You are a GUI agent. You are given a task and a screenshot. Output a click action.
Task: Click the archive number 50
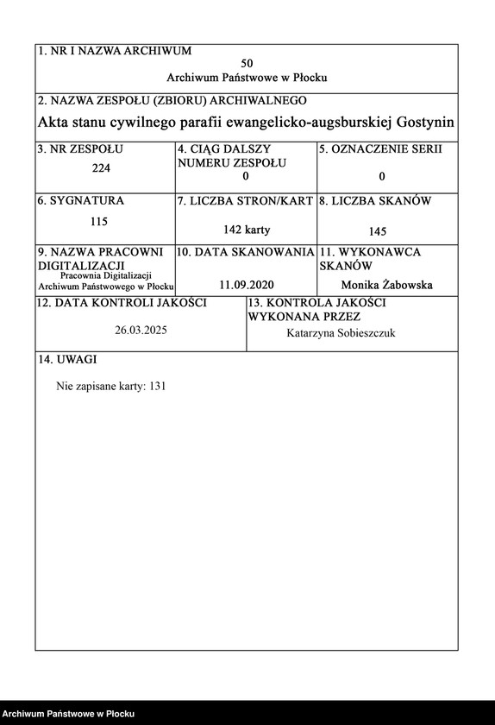click(247, 64)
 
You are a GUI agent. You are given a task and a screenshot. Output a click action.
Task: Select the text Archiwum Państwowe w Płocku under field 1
click(247, 78)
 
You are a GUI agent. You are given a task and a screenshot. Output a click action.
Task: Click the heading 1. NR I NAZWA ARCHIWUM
click(115, 51)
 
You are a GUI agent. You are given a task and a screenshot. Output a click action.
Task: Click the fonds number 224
click(101, 168)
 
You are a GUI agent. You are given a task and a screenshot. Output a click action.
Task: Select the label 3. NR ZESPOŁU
click(80, 149)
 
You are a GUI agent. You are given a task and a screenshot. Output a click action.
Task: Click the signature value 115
click(99, 221)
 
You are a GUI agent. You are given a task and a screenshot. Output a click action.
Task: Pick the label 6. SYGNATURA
click(81, 201)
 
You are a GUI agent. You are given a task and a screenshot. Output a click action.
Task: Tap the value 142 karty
click(246, 230)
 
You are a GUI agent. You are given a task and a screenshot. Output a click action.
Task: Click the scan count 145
click(377, 230)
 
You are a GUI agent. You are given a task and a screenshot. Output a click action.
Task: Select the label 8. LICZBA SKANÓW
click(375, 201)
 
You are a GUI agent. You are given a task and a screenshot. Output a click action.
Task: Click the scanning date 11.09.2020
click(246, 284)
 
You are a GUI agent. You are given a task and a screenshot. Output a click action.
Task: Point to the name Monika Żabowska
click(387, 285)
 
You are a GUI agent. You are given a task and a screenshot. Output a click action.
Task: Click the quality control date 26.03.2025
click(141, 331)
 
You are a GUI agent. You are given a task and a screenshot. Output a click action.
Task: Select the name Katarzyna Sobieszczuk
click(341, 333)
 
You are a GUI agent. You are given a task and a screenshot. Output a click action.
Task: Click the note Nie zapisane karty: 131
click(110, 386)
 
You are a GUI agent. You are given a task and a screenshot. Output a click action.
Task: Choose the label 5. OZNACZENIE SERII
click(380, 149)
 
